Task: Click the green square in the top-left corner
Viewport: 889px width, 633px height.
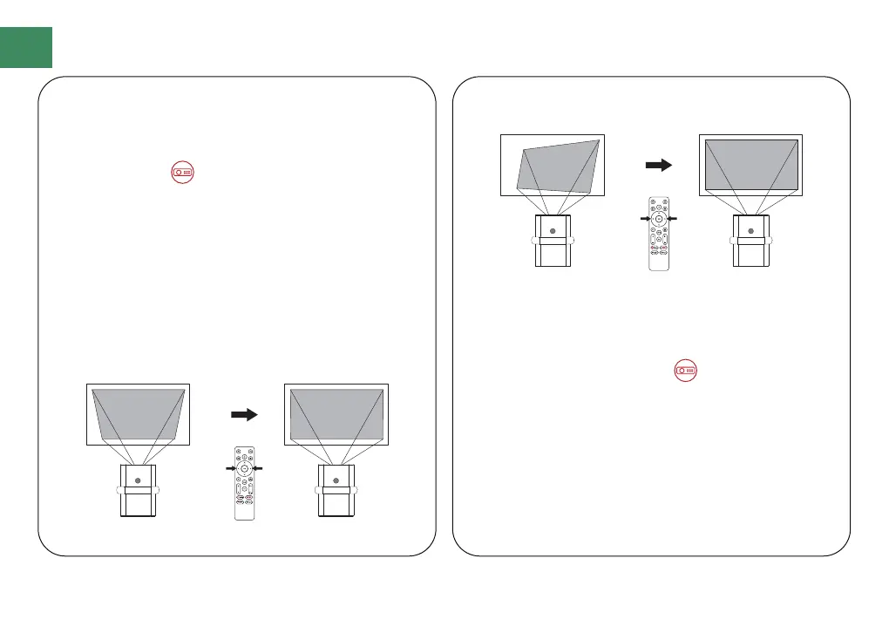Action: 26,47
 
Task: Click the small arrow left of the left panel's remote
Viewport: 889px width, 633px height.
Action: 230,469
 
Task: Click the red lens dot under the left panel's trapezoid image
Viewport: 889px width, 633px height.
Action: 138,479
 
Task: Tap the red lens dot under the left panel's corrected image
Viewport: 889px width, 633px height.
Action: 336,479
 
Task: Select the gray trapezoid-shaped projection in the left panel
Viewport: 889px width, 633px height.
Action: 138,414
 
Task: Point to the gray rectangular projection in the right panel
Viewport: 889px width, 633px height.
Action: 750,163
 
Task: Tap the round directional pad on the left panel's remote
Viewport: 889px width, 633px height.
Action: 245,469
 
